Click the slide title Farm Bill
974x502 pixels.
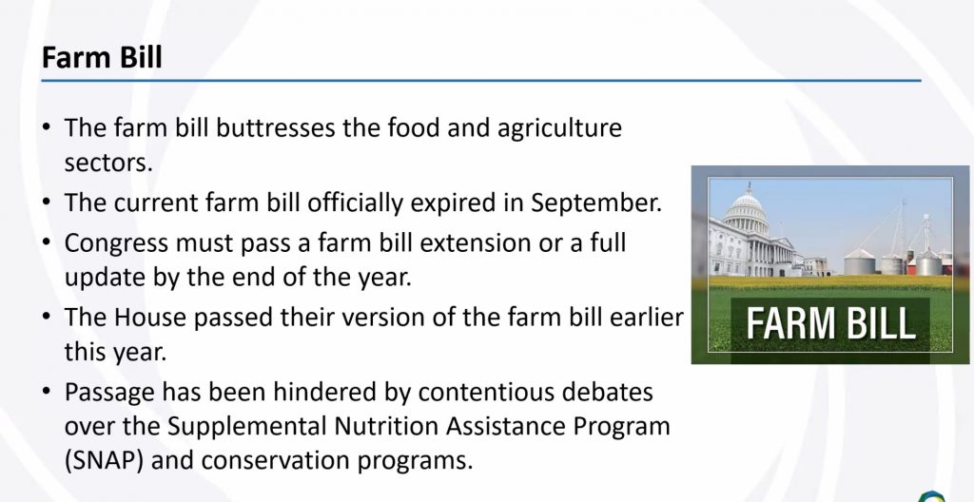point(102,57)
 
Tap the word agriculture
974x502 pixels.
point(559,129)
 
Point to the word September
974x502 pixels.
point(596,203)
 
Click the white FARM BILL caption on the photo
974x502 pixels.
point(830,323)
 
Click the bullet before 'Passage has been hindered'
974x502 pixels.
point(47,392)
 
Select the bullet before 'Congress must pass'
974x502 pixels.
point(47,243)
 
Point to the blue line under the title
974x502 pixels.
point(480,81)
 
